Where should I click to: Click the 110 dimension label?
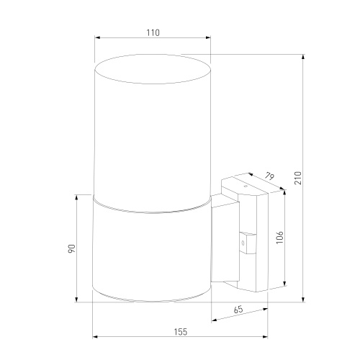click(x=153, y=32)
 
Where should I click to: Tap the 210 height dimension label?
click(x=298, y=178)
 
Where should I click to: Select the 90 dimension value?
click(x=72, y=248)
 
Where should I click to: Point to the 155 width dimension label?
click(x=181, y=332)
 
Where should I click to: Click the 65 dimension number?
click(x=238, y=310)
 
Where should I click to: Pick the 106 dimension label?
click(x=279, y=238)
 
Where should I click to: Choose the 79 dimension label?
click(x=269, y=176)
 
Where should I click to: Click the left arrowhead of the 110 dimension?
click(x=97, y=37)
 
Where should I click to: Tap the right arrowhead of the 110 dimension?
click(x=208, y=37)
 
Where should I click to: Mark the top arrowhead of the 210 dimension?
click(x=303, y=57)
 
